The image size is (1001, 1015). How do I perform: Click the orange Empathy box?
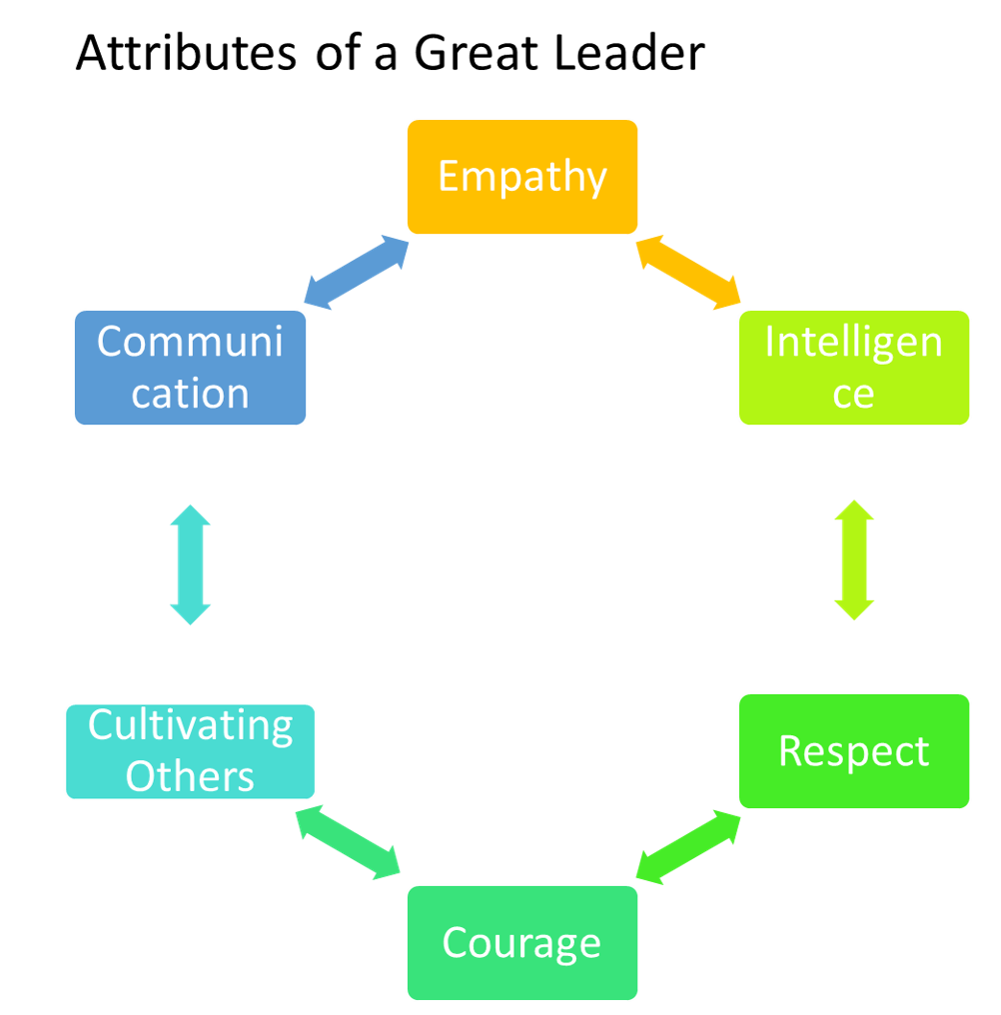pyautogui.click(x=521, y=177)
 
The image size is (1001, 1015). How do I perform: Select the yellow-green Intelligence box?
pyautogui.click(x=853, y=368)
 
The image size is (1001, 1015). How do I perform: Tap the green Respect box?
pyautogui.click(x=853, y=750)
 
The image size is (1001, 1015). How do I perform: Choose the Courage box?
pyautogui.click(x=521, y=942)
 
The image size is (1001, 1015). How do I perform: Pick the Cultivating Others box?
pyautogui.click(x=190, y=751)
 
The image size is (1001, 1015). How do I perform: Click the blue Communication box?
pyautogui.click(x=190, y=368)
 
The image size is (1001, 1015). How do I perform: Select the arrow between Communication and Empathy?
pyautogui.click(x=356, y=273)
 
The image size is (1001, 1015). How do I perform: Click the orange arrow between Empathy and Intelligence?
pyautogui.click(x=687, y=272)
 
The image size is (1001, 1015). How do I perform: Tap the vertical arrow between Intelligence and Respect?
pyautogui.click(x=854, y=559)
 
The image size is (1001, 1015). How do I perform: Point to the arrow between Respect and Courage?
pyautogui.click(x=688, y=847)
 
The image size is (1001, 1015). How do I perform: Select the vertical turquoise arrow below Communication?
pyautogui.click(x=190, y=564)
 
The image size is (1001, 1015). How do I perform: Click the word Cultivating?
pyautogui.click(x=190, y=725)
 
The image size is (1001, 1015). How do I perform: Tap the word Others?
pyautogui.click(x=190, y=776)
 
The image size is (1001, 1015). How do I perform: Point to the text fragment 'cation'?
pyautogui.click(x=190, y=393)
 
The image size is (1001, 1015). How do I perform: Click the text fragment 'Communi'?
pyautogui.click(x=190, y=342)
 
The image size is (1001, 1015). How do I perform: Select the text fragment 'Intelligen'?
pyautogui.click(x=853, y=342)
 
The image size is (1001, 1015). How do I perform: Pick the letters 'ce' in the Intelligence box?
pyautogui.click(x=853, y=393)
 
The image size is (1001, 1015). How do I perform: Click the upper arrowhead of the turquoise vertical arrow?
pyautogui.click(x=190, y=515)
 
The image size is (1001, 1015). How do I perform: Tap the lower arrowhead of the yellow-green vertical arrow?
pyautogui.click(x=854, y=608)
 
